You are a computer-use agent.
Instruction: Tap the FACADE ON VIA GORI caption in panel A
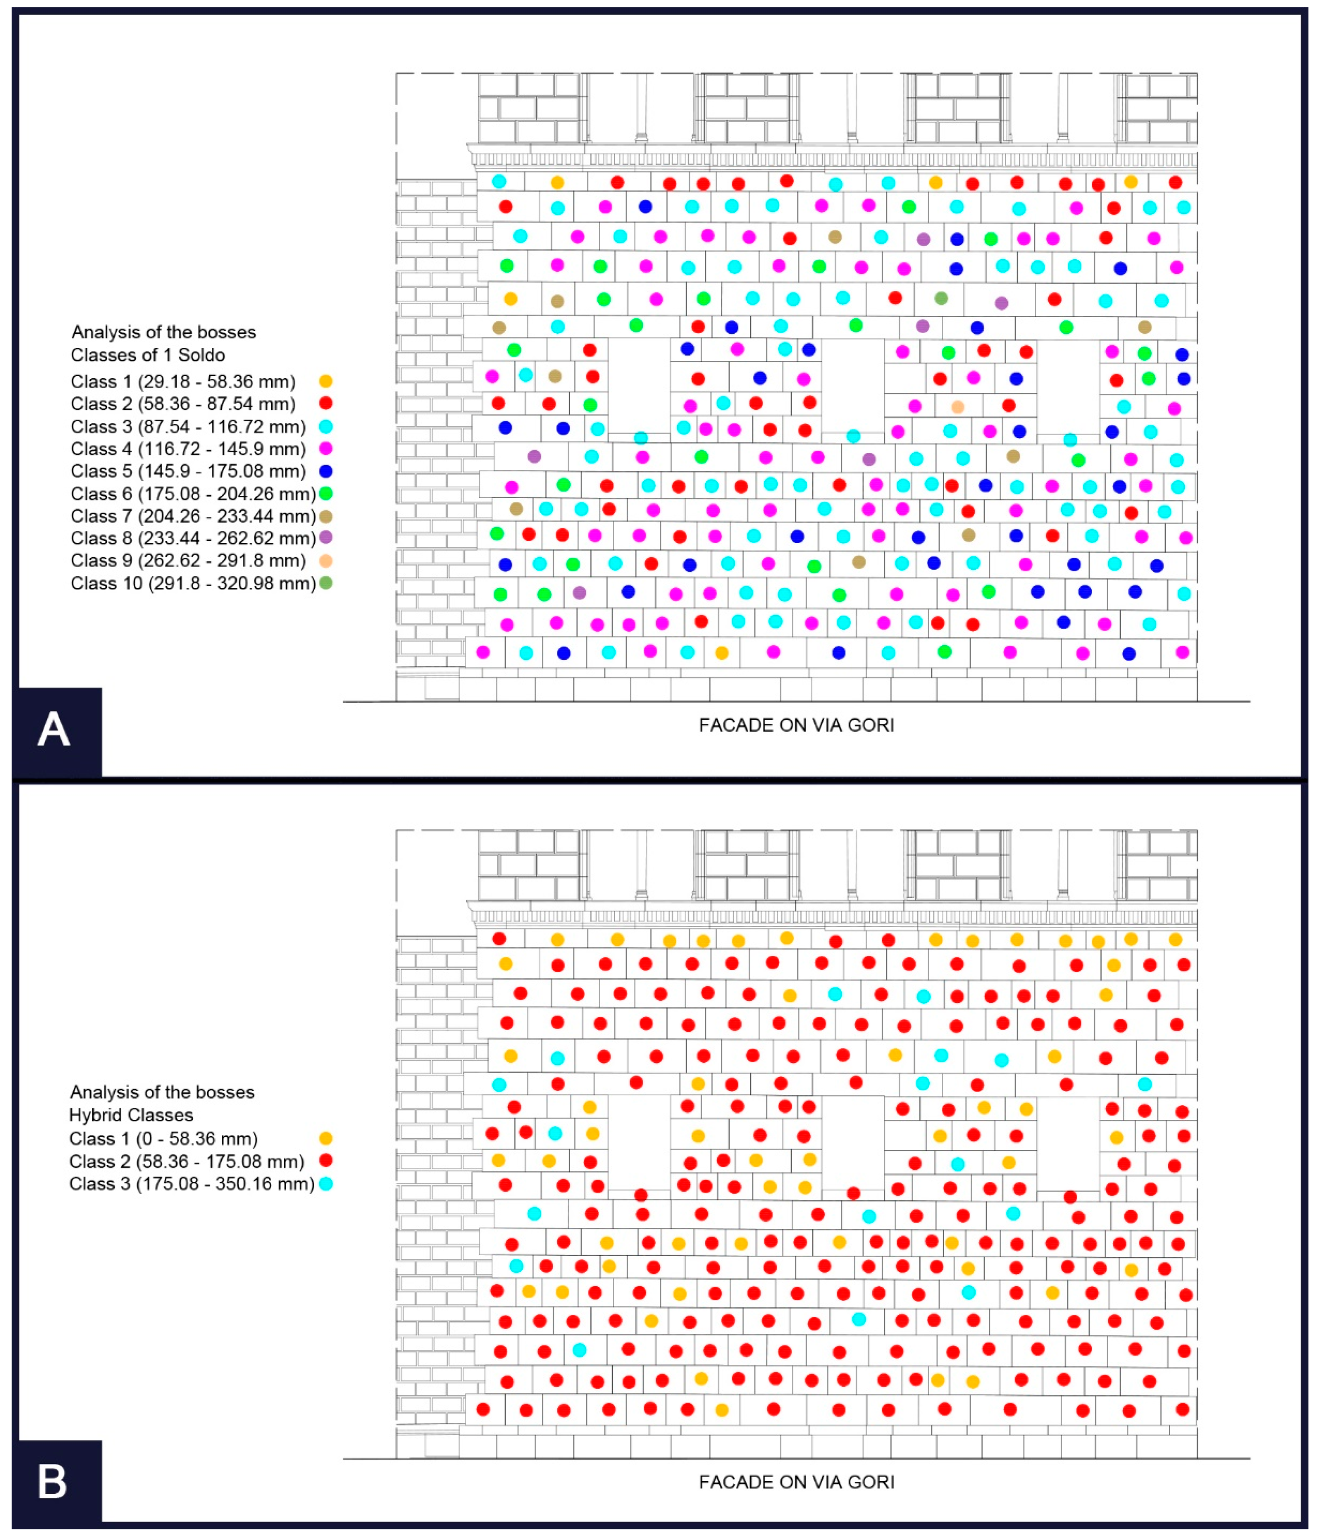(x=796, y=725)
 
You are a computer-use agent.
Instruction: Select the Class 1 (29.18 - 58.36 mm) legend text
(x=183, y=382)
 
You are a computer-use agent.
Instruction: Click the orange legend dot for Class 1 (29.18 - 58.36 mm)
(x=325, y=382)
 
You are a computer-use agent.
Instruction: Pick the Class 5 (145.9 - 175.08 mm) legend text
(x=188, y=471)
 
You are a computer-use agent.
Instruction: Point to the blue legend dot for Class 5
(x=325, y=471)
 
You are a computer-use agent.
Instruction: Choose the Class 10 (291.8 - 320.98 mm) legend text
(x=193, y=583)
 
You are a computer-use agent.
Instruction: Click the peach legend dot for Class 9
(x=325, y=561)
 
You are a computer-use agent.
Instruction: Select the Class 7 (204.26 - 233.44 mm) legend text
(x=193, y=516)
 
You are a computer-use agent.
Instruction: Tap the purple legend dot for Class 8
(x=325, y=538)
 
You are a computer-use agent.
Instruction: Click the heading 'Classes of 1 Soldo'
(x=148, y=355)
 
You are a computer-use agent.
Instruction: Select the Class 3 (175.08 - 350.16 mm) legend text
(x=192, y=1183)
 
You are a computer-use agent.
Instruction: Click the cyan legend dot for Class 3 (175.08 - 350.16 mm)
(x=325, y=1183)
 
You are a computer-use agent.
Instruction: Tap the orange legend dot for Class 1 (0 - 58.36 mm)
(x=325, y=1138)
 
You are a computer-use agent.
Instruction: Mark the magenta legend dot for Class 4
(x=325, y=449)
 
